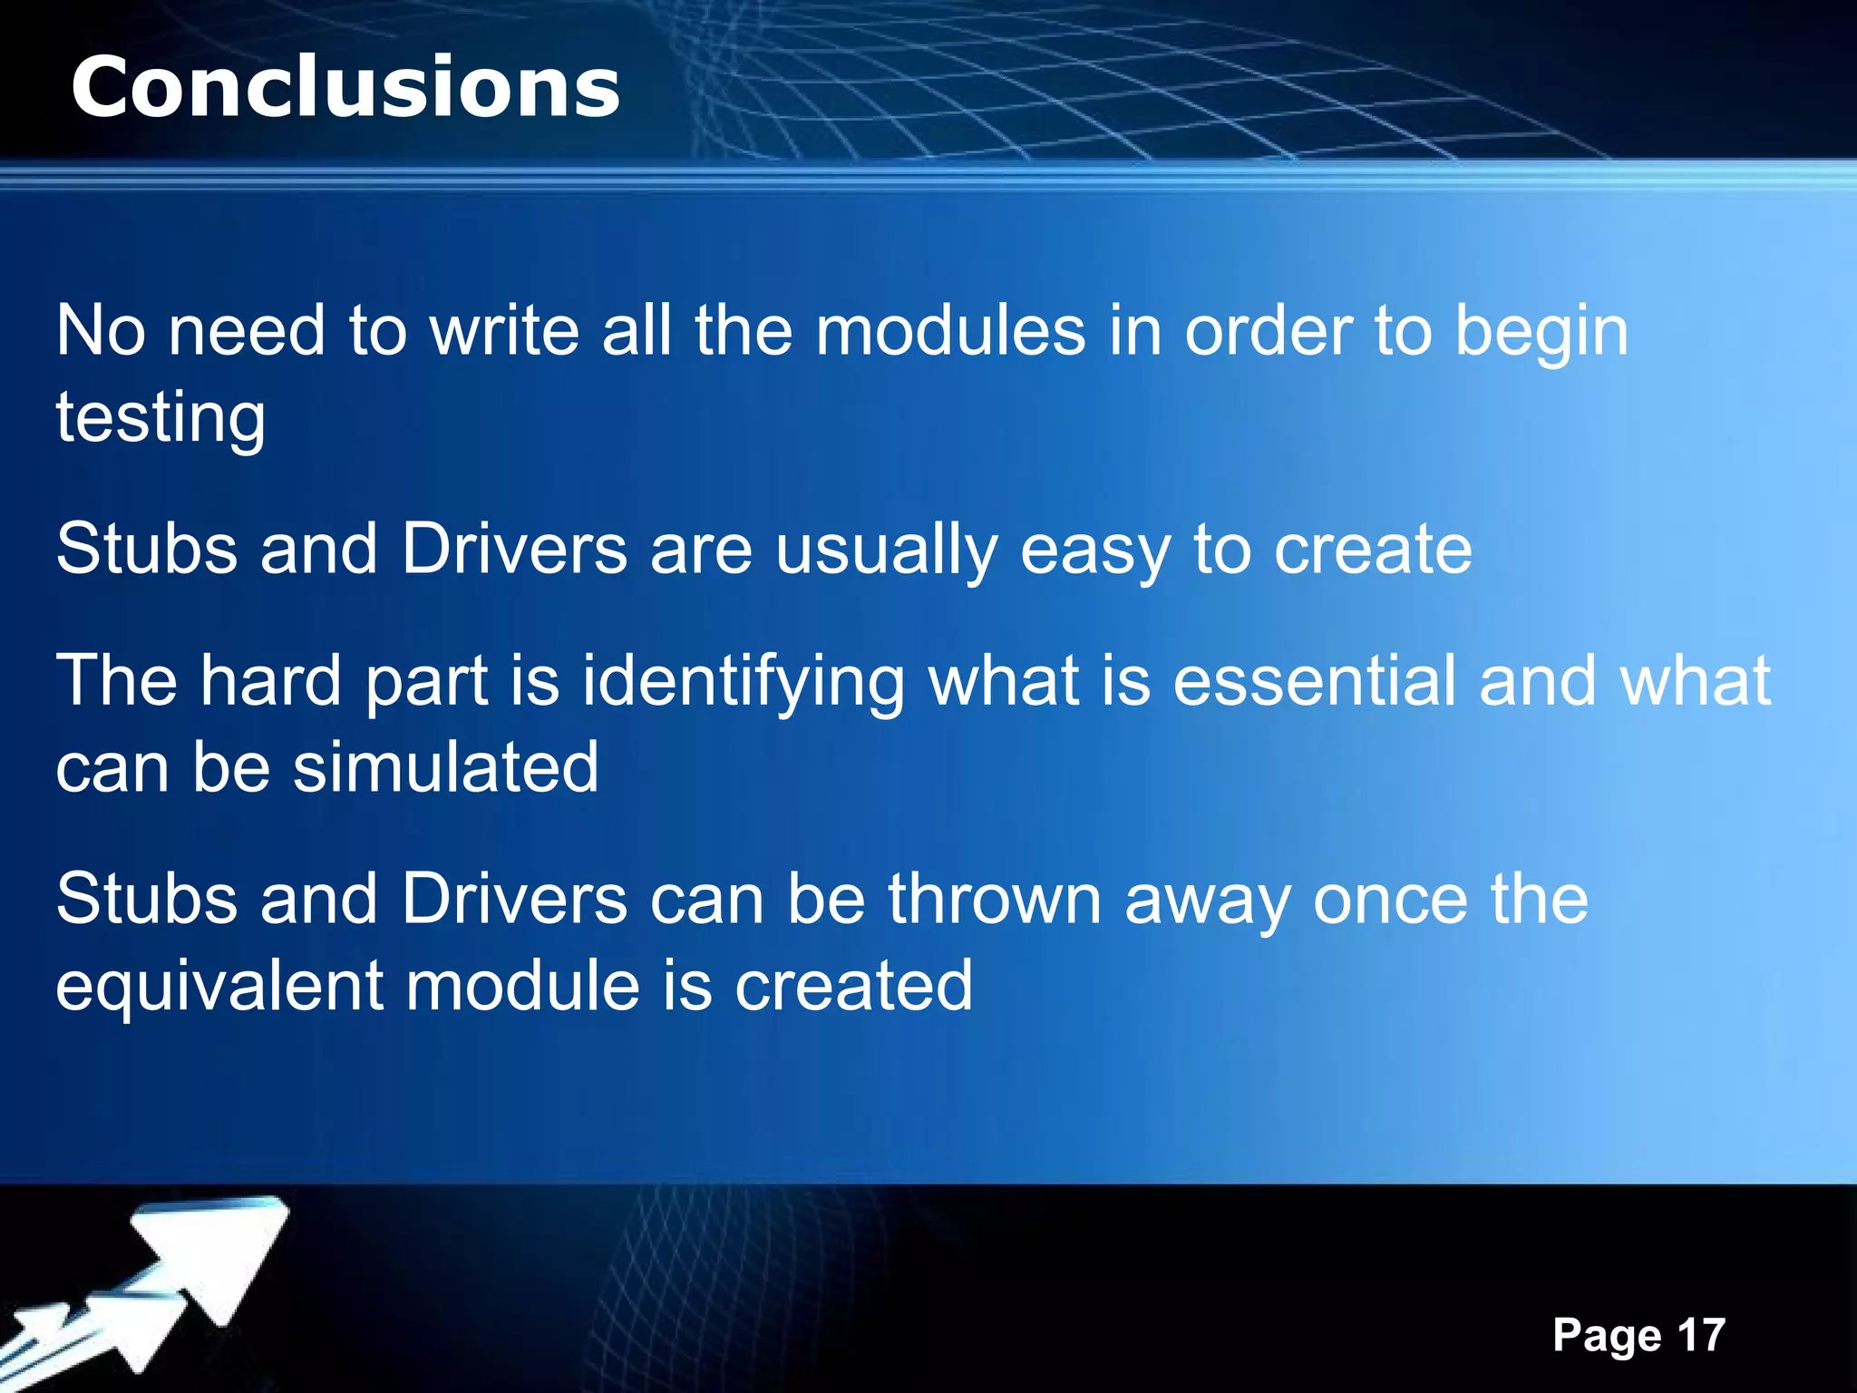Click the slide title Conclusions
345,87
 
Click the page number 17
1701,1335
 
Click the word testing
160,417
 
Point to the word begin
1541,332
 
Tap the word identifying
743,682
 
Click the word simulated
445,767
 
